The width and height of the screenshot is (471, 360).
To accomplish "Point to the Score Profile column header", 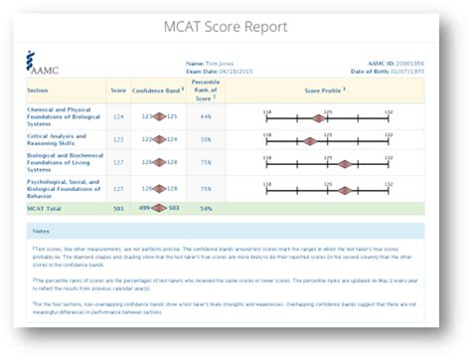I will (x=328, y=90).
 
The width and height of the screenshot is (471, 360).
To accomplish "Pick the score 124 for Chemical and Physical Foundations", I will (x=118, y=116).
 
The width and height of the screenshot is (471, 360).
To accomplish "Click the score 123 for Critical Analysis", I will (x=118, y=139).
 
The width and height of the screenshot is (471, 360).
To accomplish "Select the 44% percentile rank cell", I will (x=206, y=116).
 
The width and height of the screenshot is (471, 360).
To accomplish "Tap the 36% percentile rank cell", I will (x=206, y=139).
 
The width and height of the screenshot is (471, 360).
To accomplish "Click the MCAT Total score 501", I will (x=118, y=208).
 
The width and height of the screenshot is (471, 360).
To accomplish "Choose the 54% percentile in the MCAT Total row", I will (x=206, y=208).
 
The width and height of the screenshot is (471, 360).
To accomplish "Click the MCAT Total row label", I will (x=50, y=208).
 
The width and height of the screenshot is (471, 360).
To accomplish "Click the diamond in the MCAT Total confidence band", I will (x=154, y=208).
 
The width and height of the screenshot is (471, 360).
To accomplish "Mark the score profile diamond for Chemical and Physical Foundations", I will (x=318, y=118).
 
